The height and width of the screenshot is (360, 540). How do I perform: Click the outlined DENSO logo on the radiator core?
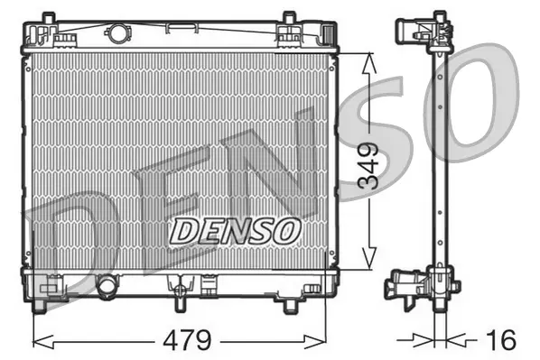234,229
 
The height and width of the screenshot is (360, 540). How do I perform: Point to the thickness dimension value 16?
502,340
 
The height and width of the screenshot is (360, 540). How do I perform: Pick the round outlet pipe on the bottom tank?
107,286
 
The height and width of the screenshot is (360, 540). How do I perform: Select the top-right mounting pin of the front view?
289,18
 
